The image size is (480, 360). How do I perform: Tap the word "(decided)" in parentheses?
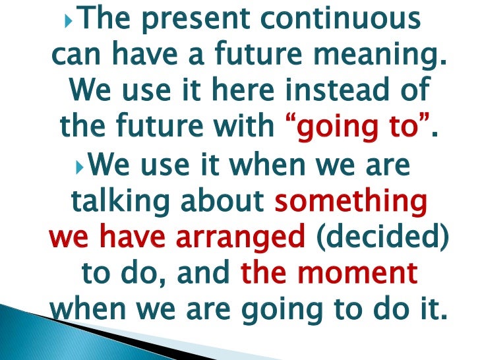[382, 235]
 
